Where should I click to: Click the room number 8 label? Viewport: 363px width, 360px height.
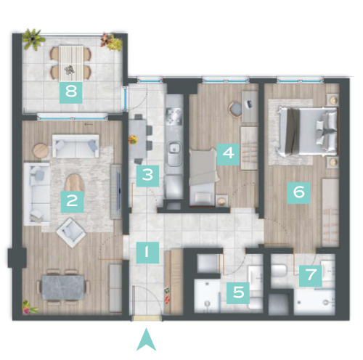pos(71,92)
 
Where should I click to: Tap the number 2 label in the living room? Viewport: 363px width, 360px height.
pos(72,202)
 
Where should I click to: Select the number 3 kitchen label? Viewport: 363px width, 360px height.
pos(147,176)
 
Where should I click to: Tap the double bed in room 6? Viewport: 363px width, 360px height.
pos(308,131)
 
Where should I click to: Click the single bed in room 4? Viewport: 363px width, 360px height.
pos(203,177)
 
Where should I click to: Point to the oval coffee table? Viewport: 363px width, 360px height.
pos(75,183)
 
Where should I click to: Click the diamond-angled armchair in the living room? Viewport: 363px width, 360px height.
pos(71,232)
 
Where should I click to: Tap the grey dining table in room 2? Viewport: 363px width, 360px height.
pos(62,287)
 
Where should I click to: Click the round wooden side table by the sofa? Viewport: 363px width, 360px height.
pos(41,151)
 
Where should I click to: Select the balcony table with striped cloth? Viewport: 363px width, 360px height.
pos(71,63)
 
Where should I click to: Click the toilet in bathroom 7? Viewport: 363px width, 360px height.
pos(279,270)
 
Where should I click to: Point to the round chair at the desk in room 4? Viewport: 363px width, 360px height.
pos(235,110)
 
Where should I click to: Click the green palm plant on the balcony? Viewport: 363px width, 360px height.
pos(33,38)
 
